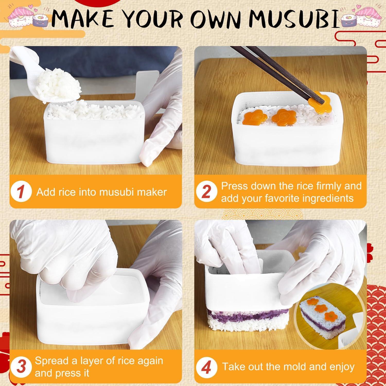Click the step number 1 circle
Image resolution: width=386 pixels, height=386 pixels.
21,192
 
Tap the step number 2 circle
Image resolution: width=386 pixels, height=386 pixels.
206,192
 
